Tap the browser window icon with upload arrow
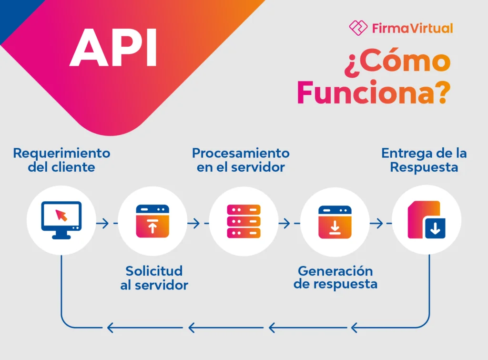pos(152,221)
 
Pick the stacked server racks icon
pos(244,221)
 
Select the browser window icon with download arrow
pos(335,221)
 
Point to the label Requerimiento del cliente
pos(61,160)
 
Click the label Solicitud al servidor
pos(154,278)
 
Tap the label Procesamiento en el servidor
pos(241,160)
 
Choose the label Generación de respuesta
pos(335,278)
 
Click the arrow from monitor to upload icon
pos(106,223)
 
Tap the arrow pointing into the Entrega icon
pos(380,223)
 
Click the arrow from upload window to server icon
pos(198,223)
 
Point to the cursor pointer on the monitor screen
pos(61,215)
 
